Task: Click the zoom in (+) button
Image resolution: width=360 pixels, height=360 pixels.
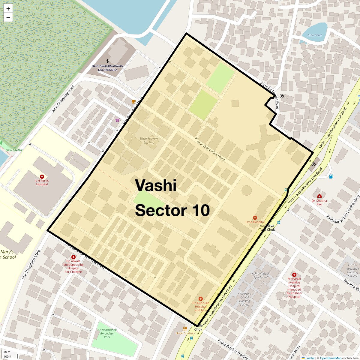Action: pos(8,9)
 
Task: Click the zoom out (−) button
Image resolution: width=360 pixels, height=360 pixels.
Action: pos(8,18)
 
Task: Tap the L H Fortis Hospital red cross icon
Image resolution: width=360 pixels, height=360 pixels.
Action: pos(42,177)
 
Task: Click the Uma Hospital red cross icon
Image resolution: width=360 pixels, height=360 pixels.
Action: pos(255,218)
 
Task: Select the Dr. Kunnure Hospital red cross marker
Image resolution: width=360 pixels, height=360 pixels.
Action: pos(201,299)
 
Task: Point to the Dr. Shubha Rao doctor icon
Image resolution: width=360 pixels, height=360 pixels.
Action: pos(319,196)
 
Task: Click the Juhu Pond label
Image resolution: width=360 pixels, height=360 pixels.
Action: pos(314,35)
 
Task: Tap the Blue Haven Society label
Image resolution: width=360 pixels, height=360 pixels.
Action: pos(149,140)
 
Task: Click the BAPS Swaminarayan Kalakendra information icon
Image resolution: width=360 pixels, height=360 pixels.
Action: pos(108,61)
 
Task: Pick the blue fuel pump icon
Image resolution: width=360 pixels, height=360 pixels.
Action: pos(331,176)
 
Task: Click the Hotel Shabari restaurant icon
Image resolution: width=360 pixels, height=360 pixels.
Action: pos(185,328)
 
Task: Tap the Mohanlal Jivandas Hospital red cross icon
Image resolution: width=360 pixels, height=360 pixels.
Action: pos(294,274)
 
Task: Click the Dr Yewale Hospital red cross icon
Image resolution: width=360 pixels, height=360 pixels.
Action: pos(73,257)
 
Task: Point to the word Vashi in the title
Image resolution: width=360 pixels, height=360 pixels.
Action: pos(155,185)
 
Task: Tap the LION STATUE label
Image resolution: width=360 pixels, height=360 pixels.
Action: pos(14,150)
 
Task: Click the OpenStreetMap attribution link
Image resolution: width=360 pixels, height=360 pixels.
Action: pos(330,358)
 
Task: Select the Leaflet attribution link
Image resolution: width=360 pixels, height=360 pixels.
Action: pos(310,358)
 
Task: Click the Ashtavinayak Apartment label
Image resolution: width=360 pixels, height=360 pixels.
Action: pos(260,275)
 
